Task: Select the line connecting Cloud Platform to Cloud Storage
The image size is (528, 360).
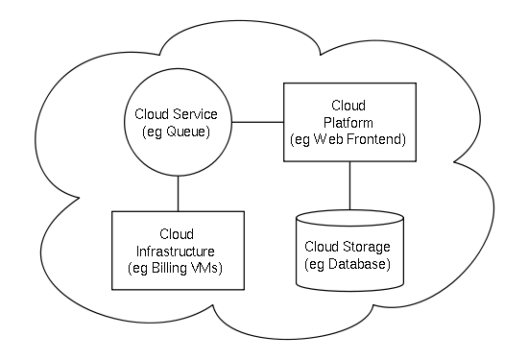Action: [348, 185]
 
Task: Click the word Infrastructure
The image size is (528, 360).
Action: [175, 251]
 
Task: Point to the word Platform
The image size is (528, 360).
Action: [348, 122]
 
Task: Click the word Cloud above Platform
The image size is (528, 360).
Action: [348, 105]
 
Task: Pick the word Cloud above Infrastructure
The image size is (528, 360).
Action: [175, 233]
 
